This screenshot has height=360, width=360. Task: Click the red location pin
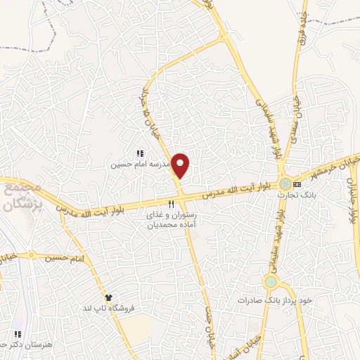(x=181, y=165)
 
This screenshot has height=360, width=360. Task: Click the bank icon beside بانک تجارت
(x=297, y=184)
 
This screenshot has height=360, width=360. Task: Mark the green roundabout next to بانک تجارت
(x=284, y=184)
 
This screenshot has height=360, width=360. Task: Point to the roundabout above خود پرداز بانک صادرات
(x=271, y=282)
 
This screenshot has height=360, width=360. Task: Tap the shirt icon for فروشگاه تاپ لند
(x=108, y=298)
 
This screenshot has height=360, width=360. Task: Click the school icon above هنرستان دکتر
(x=18, y=334)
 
